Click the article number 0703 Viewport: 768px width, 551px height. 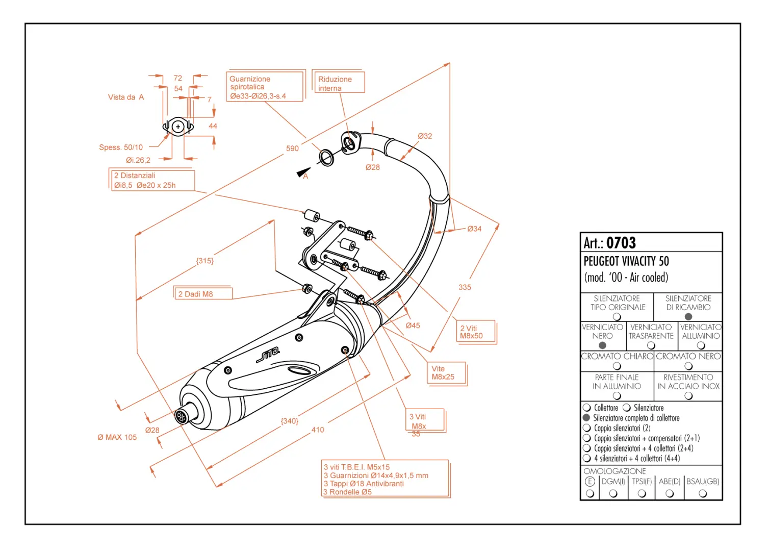[621, 243]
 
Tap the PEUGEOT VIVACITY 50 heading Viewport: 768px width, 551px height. [626, 261]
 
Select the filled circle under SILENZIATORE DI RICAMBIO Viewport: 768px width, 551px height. [688, 317]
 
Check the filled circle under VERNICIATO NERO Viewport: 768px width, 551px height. [602, 345]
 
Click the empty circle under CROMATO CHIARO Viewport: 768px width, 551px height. [617, 366]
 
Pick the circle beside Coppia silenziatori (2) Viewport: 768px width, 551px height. [586, 428]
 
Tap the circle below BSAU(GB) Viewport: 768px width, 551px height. [703, 494]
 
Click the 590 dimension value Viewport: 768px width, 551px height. [292, 148]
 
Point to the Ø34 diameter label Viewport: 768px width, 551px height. [474, 229]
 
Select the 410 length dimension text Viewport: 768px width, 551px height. [318, 430]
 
